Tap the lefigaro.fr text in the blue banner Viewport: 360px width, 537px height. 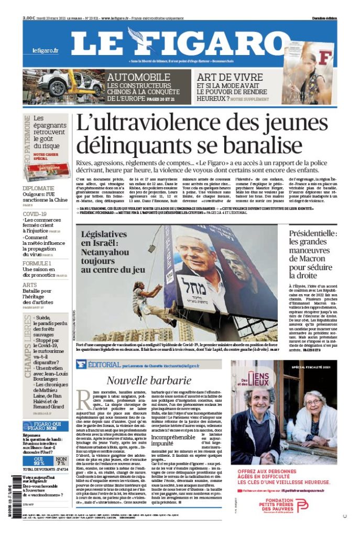[x=45, y=51]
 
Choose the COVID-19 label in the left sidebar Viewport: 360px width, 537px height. [x=35, y=214]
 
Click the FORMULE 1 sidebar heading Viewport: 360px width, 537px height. [x=37, y=263]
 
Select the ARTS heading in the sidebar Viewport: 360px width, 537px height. [x=29, y=285]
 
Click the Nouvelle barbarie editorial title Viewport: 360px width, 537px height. [x=149, y=380]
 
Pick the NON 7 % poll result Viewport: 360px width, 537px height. [x=60, y=461]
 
